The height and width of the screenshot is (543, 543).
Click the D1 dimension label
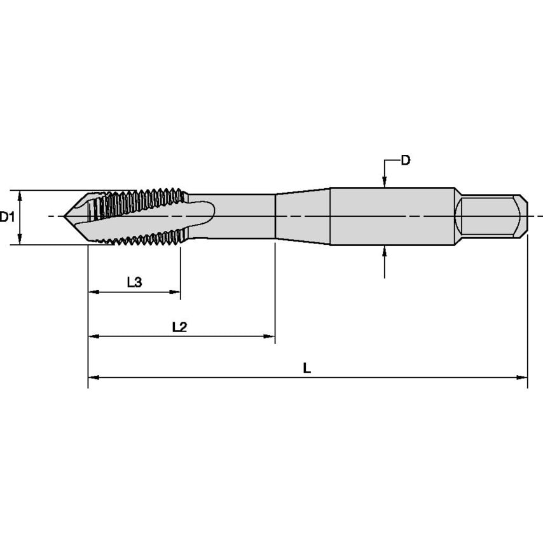tap(7, 217)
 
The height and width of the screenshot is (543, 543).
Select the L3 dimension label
tap(134, 282)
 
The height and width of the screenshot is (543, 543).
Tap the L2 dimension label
tap(179, 327)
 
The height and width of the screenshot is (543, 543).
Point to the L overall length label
tap(306, 368)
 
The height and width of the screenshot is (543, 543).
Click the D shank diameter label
tap(405, 160)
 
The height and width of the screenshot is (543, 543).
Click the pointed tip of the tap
tap(65, 217)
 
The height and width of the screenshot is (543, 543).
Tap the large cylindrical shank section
tap(392, 217)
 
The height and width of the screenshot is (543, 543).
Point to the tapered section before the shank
tap(303, 217)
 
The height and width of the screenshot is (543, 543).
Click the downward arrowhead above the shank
tap(385, 182)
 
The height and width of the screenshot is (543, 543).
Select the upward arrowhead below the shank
tap(385, 251)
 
